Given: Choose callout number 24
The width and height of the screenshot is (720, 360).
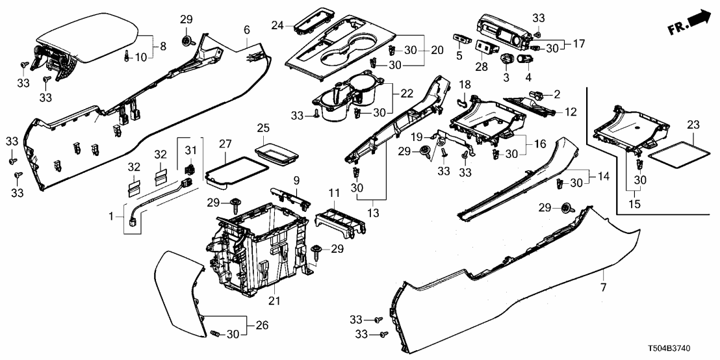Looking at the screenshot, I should click(x=278, y=26).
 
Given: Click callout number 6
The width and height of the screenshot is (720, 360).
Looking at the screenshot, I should click(x=246, y=30).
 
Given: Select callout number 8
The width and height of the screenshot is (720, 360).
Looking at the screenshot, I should click(x=162, y=47).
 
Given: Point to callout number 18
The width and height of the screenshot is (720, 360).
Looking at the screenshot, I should click(x=465, y=85).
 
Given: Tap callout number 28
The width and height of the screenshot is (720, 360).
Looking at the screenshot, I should click(x=482, y=67).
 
